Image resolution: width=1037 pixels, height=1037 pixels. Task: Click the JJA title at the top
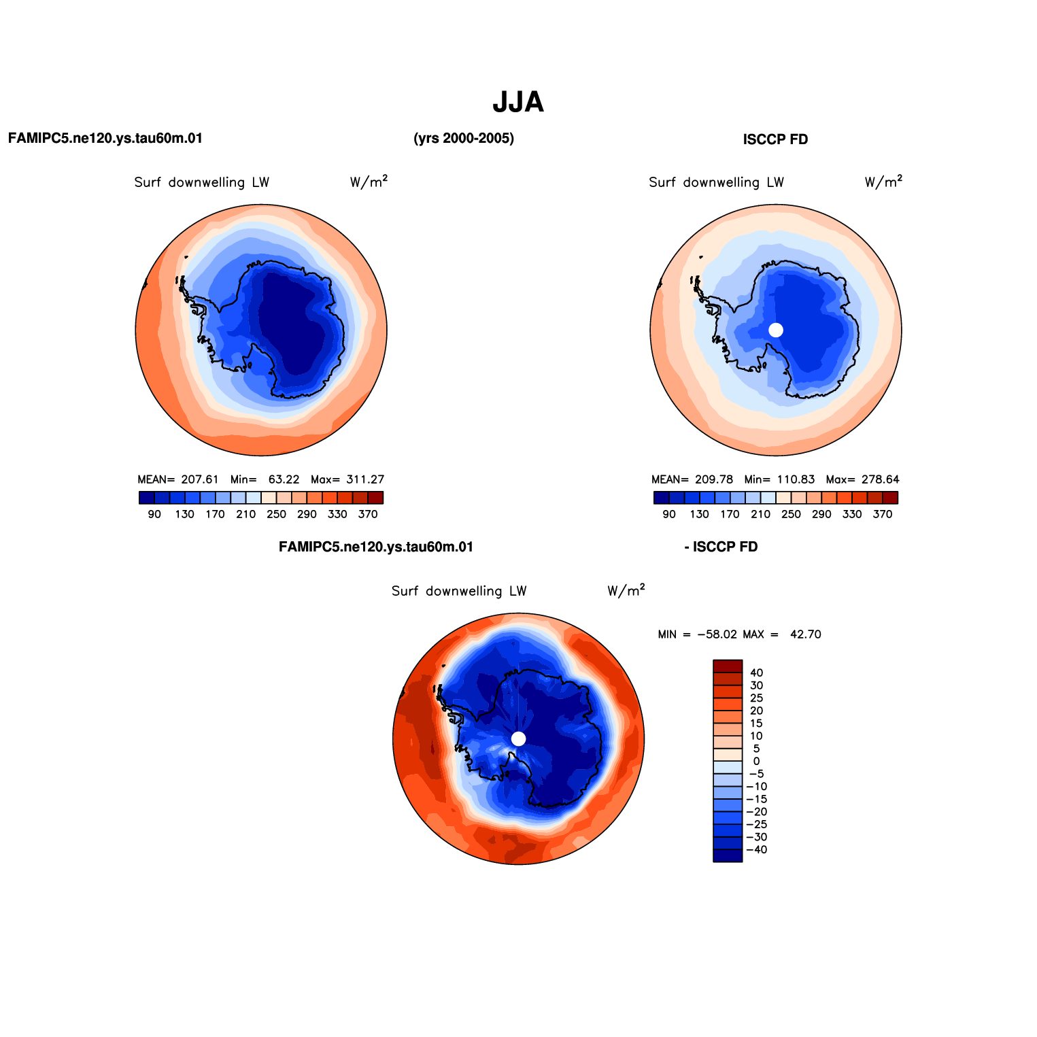517,103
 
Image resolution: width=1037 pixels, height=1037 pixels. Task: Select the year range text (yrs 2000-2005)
464,139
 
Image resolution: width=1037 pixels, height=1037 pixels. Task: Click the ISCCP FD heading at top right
775,140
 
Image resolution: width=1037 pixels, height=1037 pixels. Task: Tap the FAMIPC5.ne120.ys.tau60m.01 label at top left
105,139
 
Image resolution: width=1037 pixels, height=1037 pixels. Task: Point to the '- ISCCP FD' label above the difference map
721,547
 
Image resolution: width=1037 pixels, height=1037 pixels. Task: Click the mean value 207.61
200,479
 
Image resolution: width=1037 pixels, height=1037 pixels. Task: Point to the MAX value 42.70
805,634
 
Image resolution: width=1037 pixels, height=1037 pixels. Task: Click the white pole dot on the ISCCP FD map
776,330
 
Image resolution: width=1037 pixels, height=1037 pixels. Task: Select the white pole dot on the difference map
518,738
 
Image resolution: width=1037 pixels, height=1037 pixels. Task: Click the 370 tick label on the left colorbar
368,515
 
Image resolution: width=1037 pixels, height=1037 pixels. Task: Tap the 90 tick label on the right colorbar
669,515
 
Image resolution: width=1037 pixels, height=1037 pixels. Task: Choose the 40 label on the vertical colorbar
756,673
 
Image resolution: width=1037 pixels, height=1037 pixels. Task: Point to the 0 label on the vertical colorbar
756,762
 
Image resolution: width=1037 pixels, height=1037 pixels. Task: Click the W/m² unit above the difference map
626,590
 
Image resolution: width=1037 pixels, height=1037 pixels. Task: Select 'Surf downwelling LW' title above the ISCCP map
716,182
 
